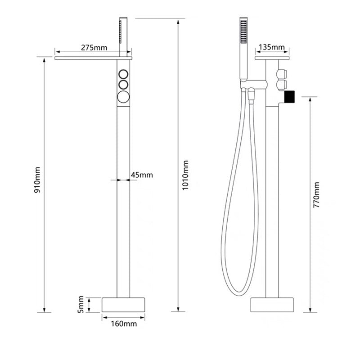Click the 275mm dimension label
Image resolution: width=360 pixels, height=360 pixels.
tap(94, 47)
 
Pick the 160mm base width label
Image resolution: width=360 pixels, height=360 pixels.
tap(124, 324)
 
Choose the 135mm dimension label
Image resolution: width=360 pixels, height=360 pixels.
tap(272, 47)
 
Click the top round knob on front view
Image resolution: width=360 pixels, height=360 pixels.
tap(123, 74)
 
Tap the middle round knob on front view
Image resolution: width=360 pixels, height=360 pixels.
tap(123, 84)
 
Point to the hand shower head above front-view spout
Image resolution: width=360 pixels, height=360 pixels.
tap(121, 31)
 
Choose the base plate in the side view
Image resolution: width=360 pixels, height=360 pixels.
tap(272, 305)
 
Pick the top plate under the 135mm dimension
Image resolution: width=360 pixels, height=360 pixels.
tap(272, 58)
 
